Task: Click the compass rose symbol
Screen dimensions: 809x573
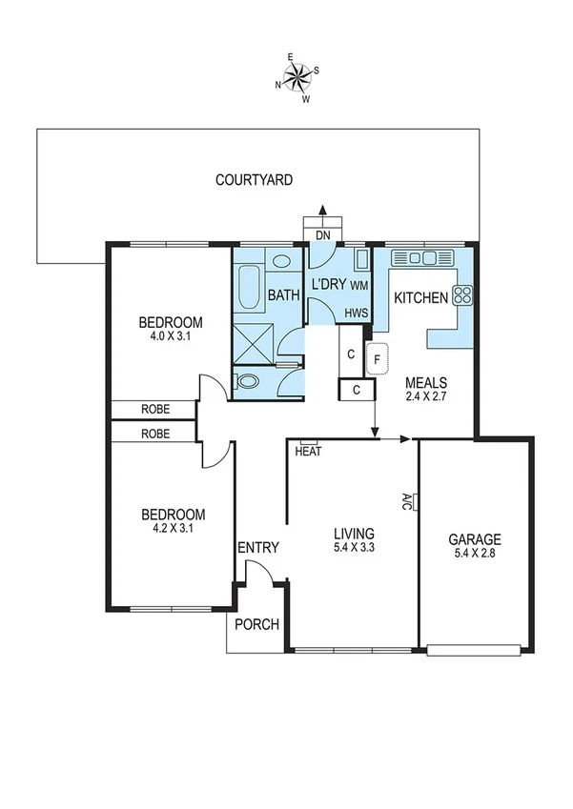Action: point(297,77)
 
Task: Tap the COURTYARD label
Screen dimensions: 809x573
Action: point(254,179)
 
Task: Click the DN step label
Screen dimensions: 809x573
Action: point(322,233)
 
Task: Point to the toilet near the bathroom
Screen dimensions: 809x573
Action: point(247,382)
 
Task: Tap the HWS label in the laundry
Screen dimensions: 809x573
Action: point(356,313)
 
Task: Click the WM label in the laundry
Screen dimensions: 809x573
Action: point(359,285)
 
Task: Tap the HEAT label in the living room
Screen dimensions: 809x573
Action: point(308,452)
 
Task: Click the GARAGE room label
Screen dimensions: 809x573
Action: point(474,538)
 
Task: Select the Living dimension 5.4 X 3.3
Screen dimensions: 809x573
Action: point(353,550)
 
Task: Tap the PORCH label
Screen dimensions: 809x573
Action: point(256,625)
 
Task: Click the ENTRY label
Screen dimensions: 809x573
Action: point(257,547)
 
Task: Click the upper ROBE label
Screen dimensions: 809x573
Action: point(155,410)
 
